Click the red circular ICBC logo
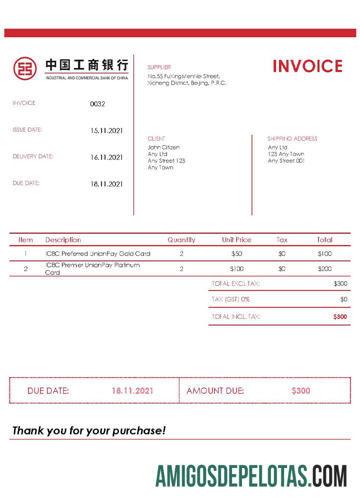tap(25, 67)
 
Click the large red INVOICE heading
tap(307, 66)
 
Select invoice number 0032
tap(97, 104)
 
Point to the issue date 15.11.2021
tap(106, 130)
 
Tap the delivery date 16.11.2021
tap(106, 157)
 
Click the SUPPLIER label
tap(159, 67)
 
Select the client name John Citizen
tap(163, 147)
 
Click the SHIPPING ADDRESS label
tap(292, 138)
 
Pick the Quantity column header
tap(181, 240)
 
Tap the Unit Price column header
tap(236, 240)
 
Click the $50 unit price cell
tap(236, 254)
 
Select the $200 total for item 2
tap(324, 269)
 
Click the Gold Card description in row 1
tap(97, 254)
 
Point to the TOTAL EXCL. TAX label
tap(235, 283)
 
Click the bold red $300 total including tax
tap(340, 316)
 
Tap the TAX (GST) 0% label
tap(230, 299)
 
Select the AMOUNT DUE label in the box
tap(215, 391)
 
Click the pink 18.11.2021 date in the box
tap(132, 391)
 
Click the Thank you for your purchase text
tap(88, 430)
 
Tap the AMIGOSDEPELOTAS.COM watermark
tap(251, 475)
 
